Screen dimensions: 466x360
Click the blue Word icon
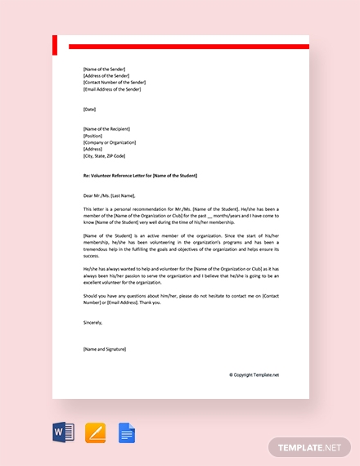pos(63,432)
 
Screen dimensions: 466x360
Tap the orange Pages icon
pos(95,432)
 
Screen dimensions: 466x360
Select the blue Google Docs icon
pos(127,432)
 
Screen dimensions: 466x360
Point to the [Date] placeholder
pos(89,109)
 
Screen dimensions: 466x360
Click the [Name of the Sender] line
pos(104,69)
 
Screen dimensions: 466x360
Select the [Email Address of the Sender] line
pos(112,89)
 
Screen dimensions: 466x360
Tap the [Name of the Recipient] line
pos(106,129)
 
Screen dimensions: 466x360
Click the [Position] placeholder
pos(93,136)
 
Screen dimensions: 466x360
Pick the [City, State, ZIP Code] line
pos(104,155)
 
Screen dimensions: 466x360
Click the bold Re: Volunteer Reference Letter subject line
pos(140,176)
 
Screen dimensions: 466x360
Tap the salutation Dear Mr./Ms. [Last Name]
pos(110,196)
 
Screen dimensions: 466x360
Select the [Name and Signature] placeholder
pos(105,349)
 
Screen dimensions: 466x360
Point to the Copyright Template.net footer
pos(254,374)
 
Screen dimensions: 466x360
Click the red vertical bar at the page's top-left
pos(55,45)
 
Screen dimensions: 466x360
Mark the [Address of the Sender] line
pos(106,76)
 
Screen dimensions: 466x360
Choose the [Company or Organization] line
pos(109,142)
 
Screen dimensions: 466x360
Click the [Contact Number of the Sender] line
pos(115,83)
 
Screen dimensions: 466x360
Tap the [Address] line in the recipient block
pos(92,149)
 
